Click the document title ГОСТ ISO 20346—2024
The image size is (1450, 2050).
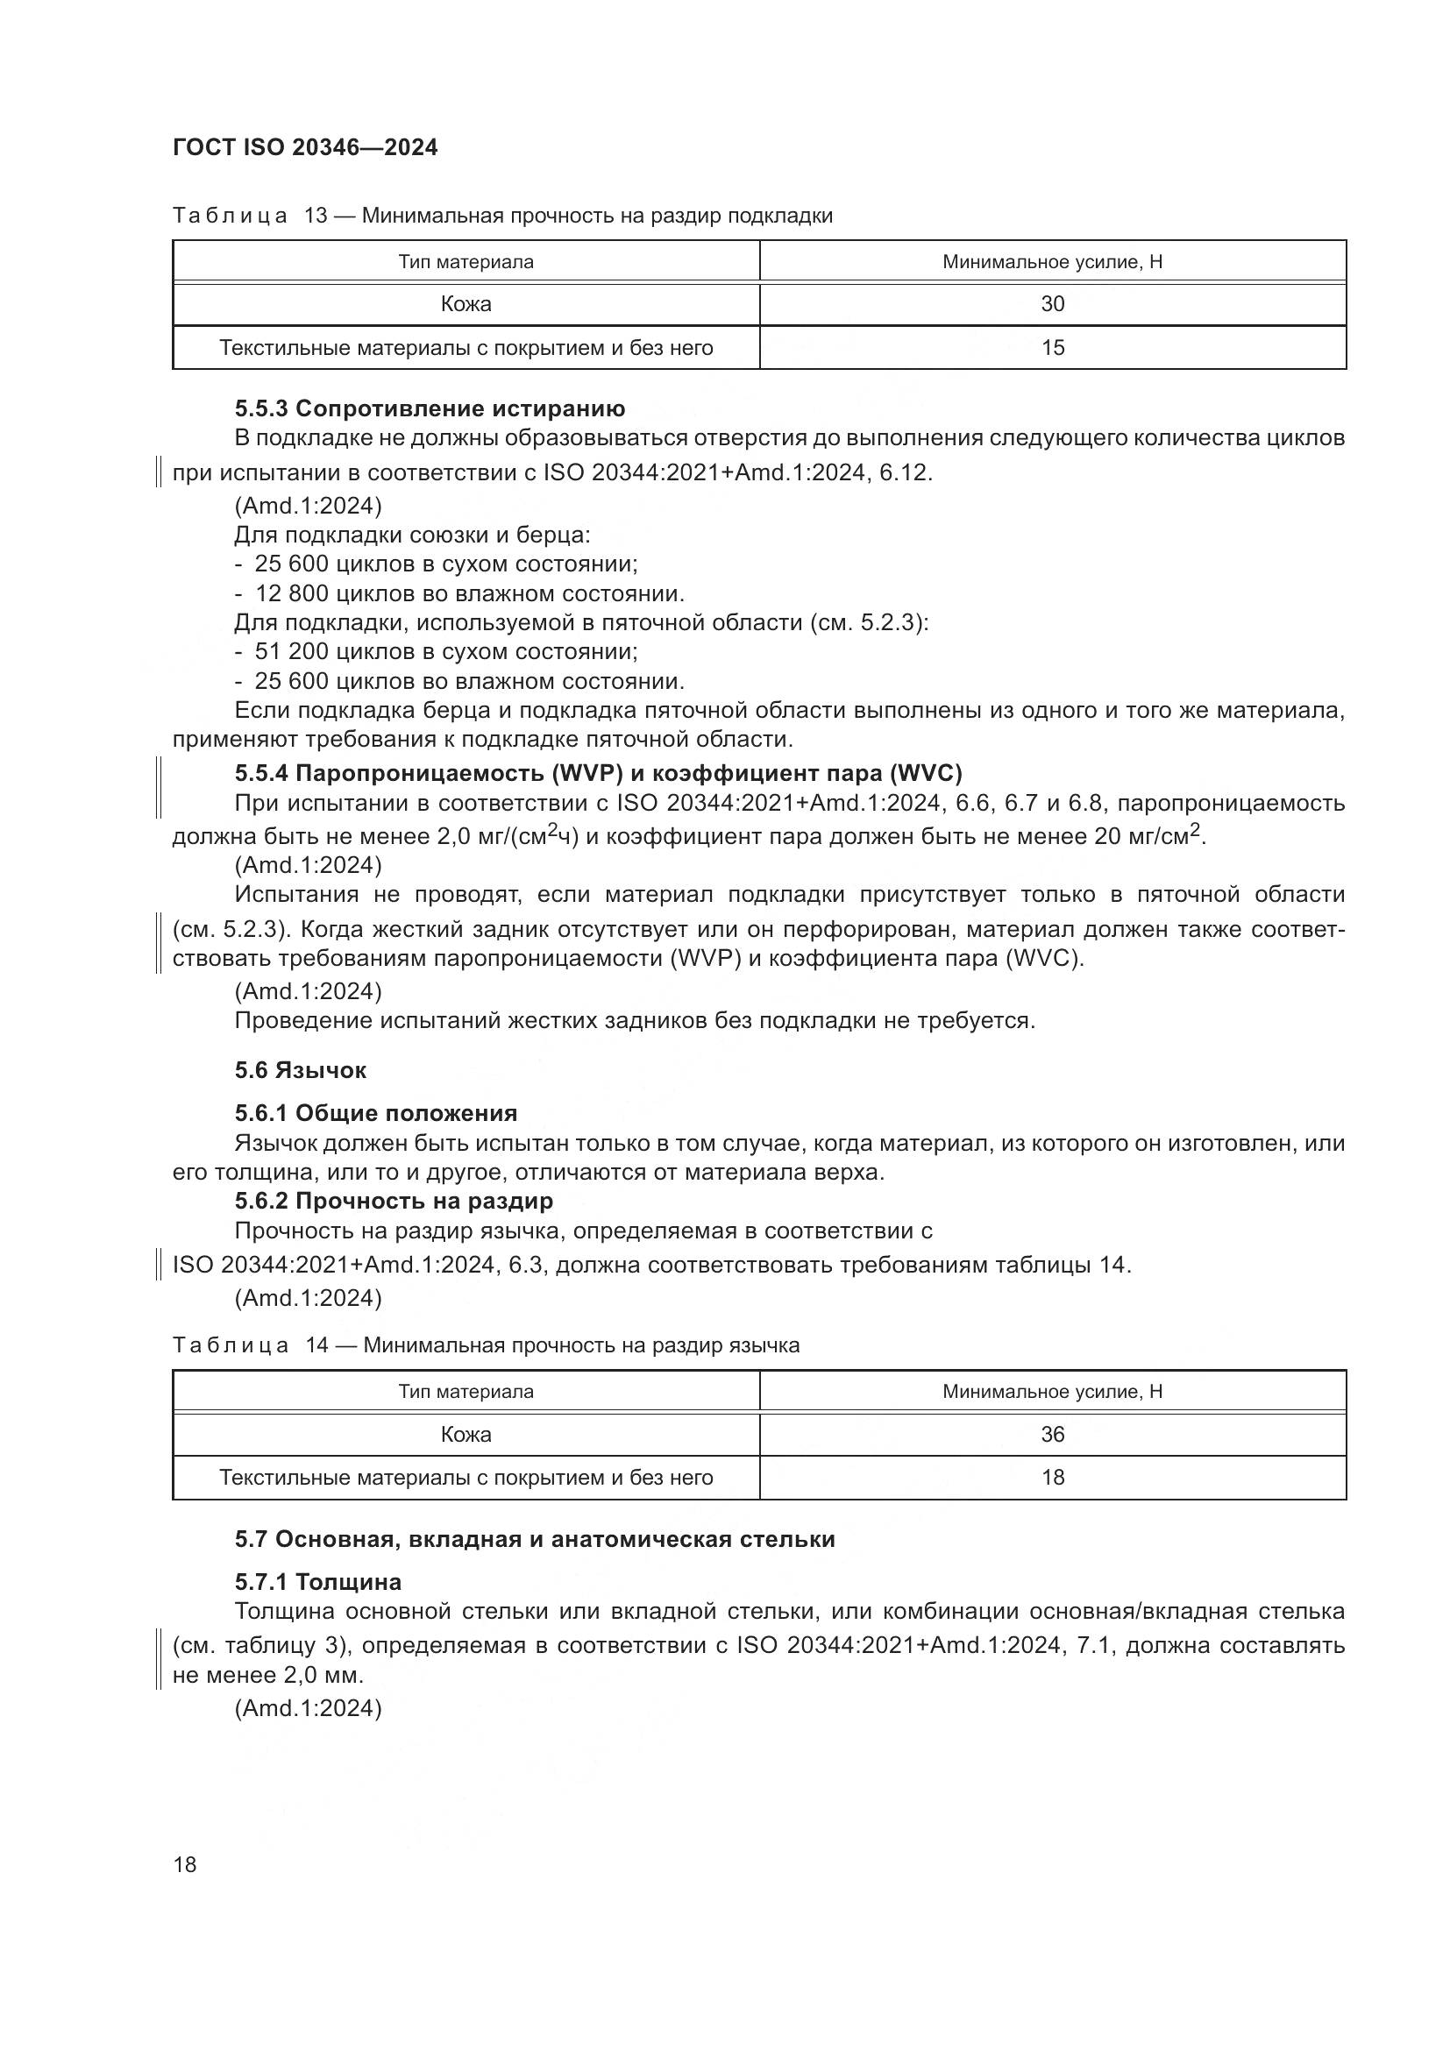click(x=304, y=148)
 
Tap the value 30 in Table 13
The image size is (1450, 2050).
click(x=1052, y=304)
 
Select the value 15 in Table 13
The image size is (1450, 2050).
click(x=1052, y=347)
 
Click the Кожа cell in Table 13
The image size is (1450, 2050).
click(x=466, y=304)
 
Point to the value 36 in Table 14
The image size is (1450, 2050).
click(x=1052, y=1434)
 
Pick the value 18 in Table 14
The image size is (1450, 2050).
click(x=1052, y=1477)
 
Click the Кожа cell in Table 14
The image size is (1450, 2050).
click(x=466, y=1434)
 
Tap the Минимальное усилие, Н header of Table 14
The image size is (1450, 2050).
click(x=1052, y=1391)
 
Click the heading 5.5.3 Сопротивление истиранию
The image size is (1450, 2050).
click(x=430, y=409)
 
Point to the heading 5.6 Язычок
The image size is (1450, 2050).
click(x=300, y=1069)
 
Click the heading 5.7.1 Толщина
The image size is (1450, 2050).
click(x=318, y=1582)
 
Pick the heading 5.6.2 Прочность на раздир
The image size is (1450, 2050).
click(x=394, y=1201)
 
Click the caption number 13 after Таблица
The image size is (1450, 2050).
click(x=316, y=216)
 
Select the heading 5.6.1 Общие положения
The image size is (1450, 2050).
click(x=376, y=1113)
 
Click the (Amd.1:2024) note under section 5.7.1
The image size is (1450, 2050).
click(x=308, y=1708)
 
